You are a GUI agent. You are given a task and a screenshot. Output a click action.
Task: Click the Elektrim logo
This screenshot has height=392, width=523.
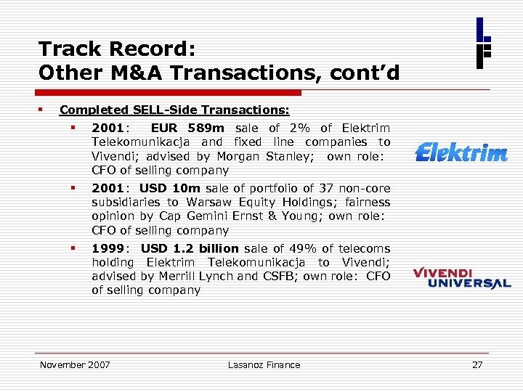[461, 153]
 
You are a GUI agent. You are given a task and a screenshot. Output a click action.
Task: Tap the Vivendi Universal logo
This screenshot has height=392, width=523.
[462, 278]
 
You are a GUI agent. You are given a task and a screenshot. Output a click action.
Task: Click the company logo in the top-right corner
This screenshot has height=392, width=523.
[483, 43]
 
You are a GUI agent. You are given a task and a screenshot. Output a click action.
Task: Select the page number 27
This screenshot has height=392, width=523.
[477, 365]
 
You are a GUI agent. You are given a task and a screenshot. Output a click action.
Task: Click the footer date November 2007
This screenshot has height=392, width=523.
[75, 365]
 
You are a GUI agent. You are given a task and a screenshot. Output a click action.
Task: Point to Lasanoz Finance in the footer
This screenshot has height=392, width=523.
[264, 365]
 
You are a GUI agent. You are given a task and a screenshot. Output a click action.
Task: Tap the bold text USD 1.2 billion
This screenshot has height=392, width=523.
[189, 248]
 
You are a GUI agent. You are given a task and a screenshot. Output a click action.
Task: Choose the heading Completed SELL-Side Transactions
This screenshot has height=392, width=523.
[174, 110]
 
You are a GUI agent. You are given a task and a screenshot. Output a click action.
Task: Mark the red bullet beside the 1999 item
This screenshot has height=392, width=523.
[73, 248]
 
